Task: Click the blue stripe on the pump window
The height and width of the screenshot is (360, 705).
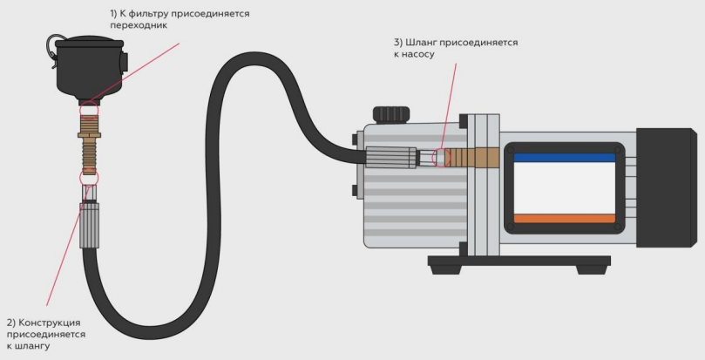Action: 564,158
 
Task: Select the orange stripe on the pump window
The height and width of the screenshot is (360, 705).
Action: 564,218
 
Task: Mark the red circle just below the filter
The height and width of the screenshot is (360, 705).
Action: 89,109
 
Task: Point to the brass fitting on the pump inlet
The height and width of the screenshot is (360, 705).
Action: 471,160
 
